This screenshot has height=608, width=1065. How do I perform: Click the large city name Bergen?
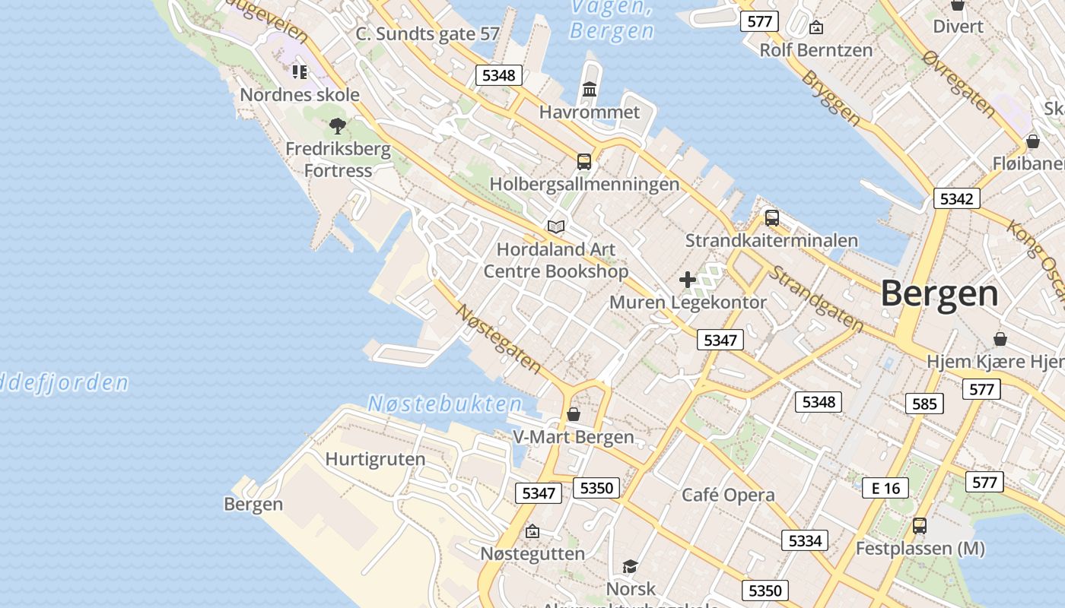click(x=939, y=294)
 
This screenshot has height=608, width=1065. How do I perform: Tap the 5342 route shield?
click(x=956, y=199)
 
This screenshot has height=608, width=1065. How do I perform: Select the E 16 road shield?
click(x=885, y=488)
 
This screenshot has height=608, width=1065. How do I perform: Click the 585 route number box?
click(x=924, y=404)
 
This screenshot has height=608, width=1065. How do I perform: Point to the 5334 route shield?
click(x=805, y=540)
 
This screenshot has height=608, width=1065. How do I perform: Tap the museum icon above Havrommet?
click(x=590, y=90)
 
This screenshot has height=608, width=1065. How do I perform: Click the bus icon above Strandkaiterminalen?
click(x=772, y=218)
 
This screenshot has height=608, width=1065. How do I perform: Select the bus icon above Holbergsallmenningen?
click(x=584, y=161)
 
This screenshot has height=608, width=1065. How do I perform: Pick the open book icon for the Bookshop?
click(x=556, y=226)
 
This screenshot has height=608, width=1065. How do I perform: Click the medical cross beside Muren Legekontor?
click(x=688, y=280)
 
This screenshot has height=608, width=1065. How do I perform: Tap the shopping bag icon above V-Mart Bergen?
click(x=574, y=414)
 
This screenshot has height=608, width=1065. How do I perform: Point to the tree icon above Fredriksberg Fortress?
click(x=338, y=126)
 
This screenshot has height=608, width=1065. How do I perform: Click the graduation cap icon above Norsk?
click(x=630, y=566)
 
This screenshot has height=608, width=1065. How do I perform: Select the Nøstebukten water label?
click(x=446, y=404)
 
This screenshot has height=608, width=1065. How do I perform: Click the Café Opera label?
click(x=728, y=495)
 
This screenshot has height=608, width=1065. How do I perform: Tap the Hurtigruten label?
click(x=375, y=459)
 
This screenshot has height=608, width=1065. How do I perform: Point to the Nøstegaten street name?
click(x=499, y=339)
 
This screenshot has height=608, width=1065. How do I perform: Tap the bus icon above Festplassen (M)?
click(x=920, y=525)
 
